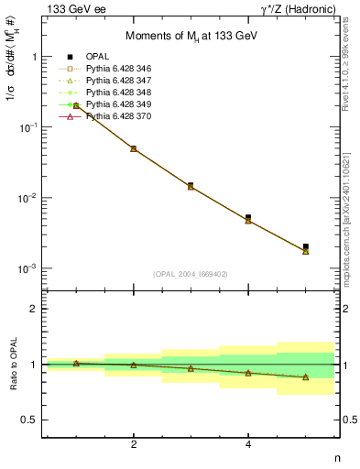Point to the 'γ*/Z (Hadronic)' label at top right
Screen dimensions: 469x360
[x=299, y=8]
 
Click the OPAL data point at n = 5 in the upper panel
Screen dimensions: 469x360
[x=306, y=246]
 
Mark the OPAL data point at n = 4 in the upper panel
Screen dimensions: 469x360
[x=248, y=218]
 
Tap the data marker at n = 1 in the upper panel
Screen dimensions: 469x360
[x=76, y=106]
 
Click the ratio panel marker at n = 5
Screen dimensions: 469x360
[x=306, y=377]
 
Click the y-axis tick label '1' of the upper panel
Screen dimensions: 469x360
[x=35, y=57]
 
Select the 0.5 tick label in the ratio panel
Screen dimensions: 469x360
[x=29, y=420]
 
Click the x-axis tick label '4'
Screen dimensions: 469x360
[x=248, y=444]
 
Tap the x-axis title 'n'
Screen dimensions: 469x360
[x=336, y=458]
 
